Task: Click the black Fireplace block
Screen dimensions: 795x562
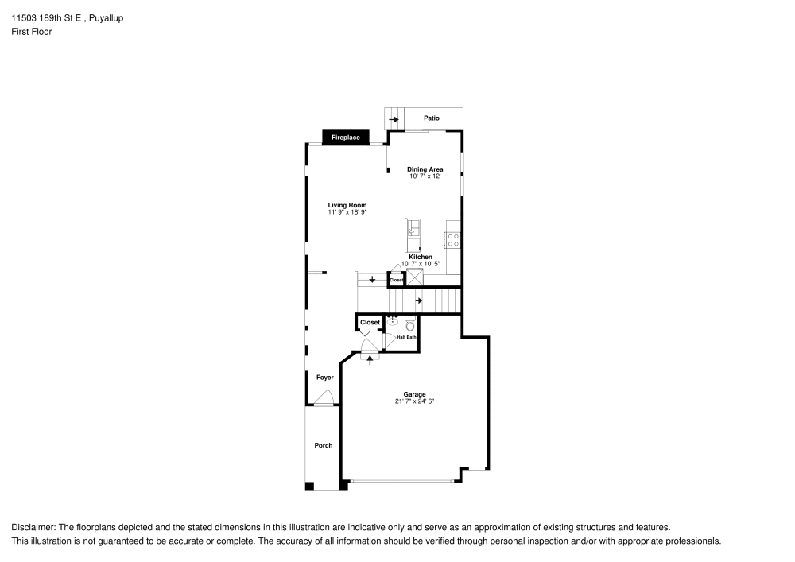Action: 345,138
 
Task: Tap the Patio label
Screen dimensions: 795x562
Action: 432,118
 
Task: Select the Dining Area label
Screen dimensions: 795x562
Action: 425,169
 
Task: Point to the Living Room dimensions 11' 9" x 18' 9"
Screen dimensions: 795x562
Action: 347,212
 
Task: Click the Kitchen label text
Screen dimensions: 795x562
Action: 421,257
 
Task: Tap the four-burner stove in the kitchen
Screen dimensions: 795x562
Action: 453,240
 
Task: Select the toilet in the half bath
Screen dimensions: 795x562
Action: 410,324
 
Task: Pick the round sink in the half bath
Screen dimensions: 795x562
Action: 393,321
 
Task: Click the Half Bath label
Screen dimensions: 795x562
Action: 406,337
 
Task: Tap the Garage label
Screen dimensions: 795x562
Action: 414,394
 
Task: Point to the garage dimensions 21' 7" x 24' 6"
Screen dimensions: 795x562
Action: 415,401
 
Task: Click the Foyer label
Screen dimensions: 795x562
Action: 325,378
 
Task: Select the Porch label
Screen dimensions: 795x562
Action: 324,445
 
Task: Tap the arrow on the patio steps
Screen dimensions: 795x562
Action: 394,120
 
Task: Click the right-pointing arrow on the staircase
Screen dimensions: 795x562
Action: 418,300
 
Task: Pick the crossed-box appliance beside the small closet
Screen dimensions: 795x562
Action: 415,277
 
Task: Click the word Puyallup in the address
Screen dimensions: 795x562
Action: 106,19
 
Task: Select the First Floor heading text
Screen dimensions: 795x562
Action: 32,32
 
